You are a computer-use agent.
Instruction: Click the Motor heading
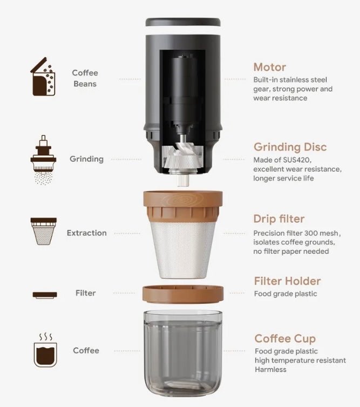coord(270,67)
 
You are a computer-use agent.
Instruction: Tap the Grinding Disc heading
coord(290,147)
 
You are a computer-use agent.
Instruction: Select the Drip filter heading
coord(279,219)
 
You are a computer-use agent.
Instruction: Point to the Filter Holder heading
coord(287,281)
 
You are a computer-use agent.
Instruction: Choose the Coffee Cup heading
coord(285,338)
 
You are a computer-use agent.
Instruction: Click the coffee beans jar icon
coord(43,77)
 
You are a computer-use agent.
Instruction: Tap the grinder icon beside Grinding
coord(43,160)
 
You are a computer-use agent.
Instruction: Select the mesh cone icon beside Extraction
coord(44,231)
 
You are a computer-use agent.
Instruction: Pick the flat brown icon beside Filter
coord(45,295)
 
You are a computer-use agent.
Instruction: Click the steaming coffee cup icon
coord(45,350)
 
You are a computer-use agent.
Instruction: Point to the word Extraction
coord(87,233)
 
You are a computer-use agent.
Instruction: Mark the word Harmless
coord(270,369)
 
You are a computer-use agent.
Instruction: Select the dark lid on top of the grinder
coord(183,22)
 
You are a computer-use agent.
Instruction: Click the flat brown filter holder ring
coord(183,294)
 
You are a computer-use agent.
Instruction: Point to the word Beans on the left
coord(85,84)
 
